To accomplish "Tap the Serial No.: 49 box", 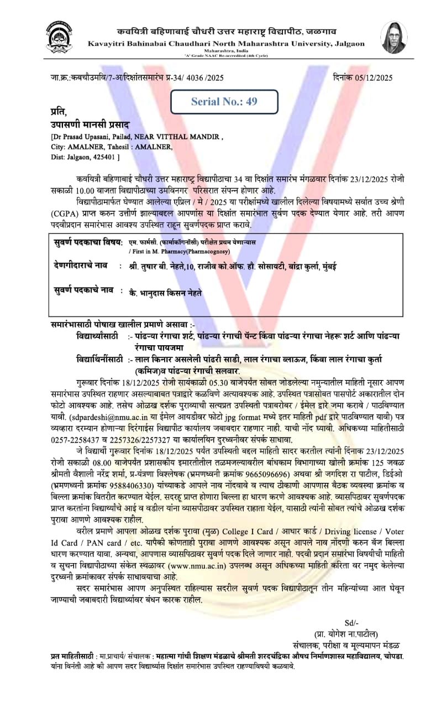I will coord(224,101).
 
